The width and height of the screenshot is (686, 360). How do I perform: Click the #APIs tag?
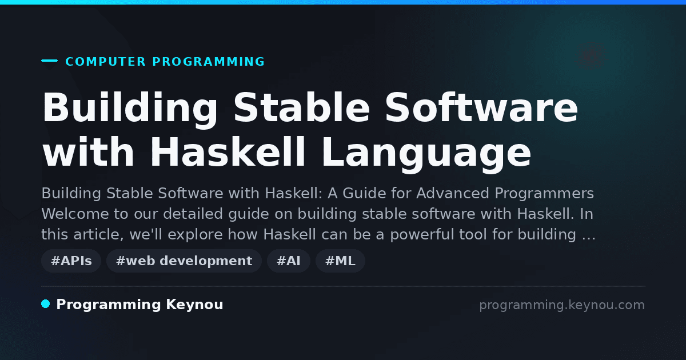(71, 261)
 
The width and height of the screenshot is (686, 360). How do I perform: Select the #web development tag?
(184, 261)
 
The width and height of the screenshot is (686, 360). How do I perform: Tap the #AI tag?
(289, 261)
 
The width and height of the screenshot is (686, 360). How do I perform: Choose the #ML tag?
(340, 261)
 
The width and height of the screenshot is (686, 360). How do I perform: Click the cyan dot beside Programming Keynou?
(46, 304)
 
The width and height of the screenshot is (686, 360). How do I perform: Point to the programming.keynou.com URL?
(562, 305)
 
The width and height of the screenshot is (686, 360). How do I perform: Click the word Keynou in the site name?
(194, 305)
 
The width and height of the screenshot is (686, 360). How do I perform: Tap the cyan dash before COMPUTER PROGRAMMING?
(49, 61)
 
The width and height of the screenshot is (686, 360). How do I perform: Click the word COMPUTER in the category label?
(106, 62)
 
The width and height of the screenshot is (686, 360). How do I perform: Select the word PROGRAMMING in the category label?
(209, 62)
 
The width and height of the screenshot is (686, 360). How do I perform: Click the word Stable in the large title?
(302, 108)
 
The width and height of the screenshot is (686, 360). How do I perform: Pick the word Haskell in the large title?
(228, 152)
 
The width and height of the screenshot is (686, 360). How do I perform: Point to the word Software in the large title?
(481, 108)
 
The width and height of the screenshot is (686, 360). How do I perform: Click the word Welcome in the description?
(75, 214)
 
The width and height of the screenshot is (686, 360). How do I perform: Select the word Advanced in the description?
(453, 194)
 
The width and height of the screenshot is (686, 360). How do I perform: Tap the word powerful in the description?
(438, 235)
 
